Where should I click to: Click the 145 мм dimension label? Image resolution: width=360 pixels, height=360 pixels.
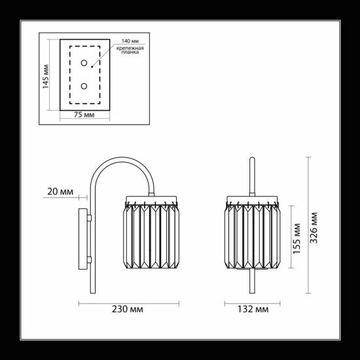[x=45, y=77]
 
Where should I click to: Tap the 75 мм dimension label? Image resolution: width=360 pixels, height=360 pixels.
[x=84, y=115]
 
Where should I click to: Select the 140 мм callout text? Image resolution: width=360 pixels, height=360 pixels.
[x=130, y=41]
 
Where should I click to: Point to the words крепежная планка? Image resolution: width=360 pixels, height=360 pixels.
[x=130, y=50]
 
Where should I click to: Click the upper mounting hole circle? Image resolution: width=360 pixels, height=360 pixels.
[x=84, y=63]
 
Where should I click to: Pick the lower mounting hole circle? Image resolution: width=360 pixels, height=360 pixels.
[x=84, y=86]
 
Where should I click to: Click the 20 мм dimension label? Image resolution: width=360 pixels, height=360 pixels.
[x=60, y=192]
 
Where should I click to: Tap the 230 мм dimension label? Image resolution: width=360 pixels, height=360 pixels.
[x=128, y=309]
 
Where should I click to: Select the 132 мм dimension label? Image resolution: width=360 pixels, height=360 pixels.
[x=253, y=309]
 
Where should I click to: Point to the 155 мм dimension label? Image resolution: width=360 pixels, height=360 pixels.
[x=297, y=238]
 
